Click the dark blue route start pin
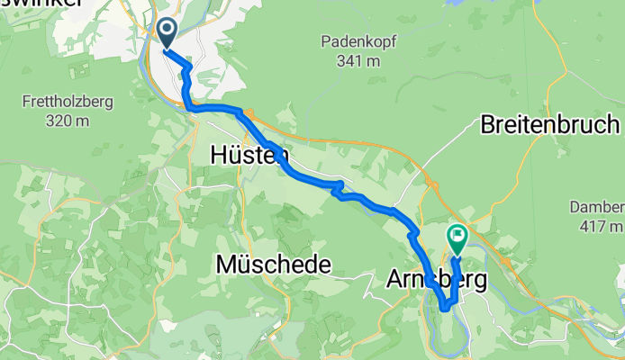pos(168,32)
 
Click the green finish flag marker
pos(457,238)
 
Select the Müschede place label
pos(274,265)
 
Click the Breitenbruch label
pos(549,124)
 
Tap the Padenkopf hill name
pos(357,40)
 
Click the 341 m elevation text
pos(357,61)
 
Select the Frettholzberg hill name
pos(69,102)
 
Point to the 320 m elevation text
pos(69,121)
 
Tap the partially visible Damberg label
pos(597,206)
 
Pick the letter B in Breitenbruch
pos(488,124)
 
